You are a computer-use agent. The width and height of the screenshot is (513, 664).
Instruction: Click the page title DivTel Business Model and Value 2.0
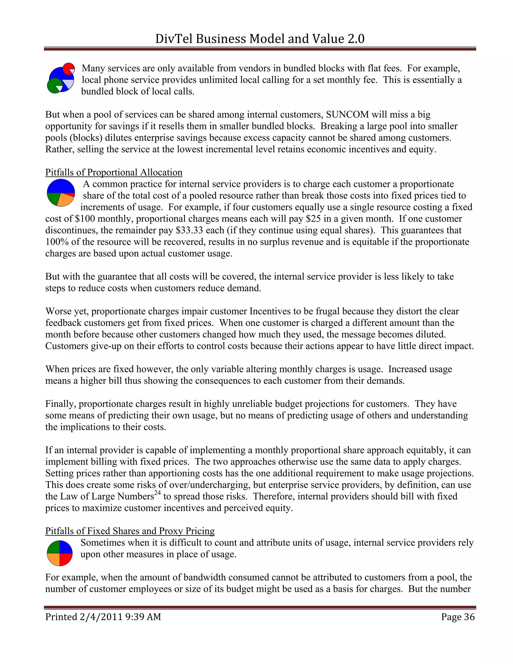[260, 39]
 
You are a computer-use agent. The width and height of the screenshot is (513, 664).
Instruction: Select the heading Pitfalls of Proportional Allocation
[114, 172]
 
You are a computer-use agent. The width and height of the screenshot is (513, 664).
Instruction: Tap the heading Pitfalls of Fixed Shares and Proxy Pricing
[130, 531]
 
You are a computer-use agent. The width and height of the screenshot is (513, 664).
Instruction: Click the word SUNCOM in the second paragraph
[347, 115]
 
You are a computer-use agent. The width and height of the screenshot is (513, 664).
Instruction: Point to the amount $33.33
[189, 230]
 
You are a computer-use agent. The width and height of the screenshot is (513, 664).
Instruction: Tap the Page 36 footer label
[458, 617]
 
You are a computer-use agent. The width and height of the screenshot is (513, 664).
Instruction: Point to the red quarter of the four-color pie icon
[66, 560]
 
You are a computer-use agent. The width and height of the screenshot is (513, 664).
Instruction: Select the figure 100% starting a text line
[55, 242]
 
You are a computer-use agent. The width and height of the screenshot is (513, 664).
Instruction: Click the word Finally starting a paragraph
[60, 404]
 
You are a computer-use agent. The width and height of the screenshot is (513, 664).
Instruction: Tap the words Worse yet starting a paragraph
[67, 311]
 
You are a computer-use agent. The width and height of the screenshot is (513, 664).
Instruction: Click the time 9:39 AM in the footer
[143, 617]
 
